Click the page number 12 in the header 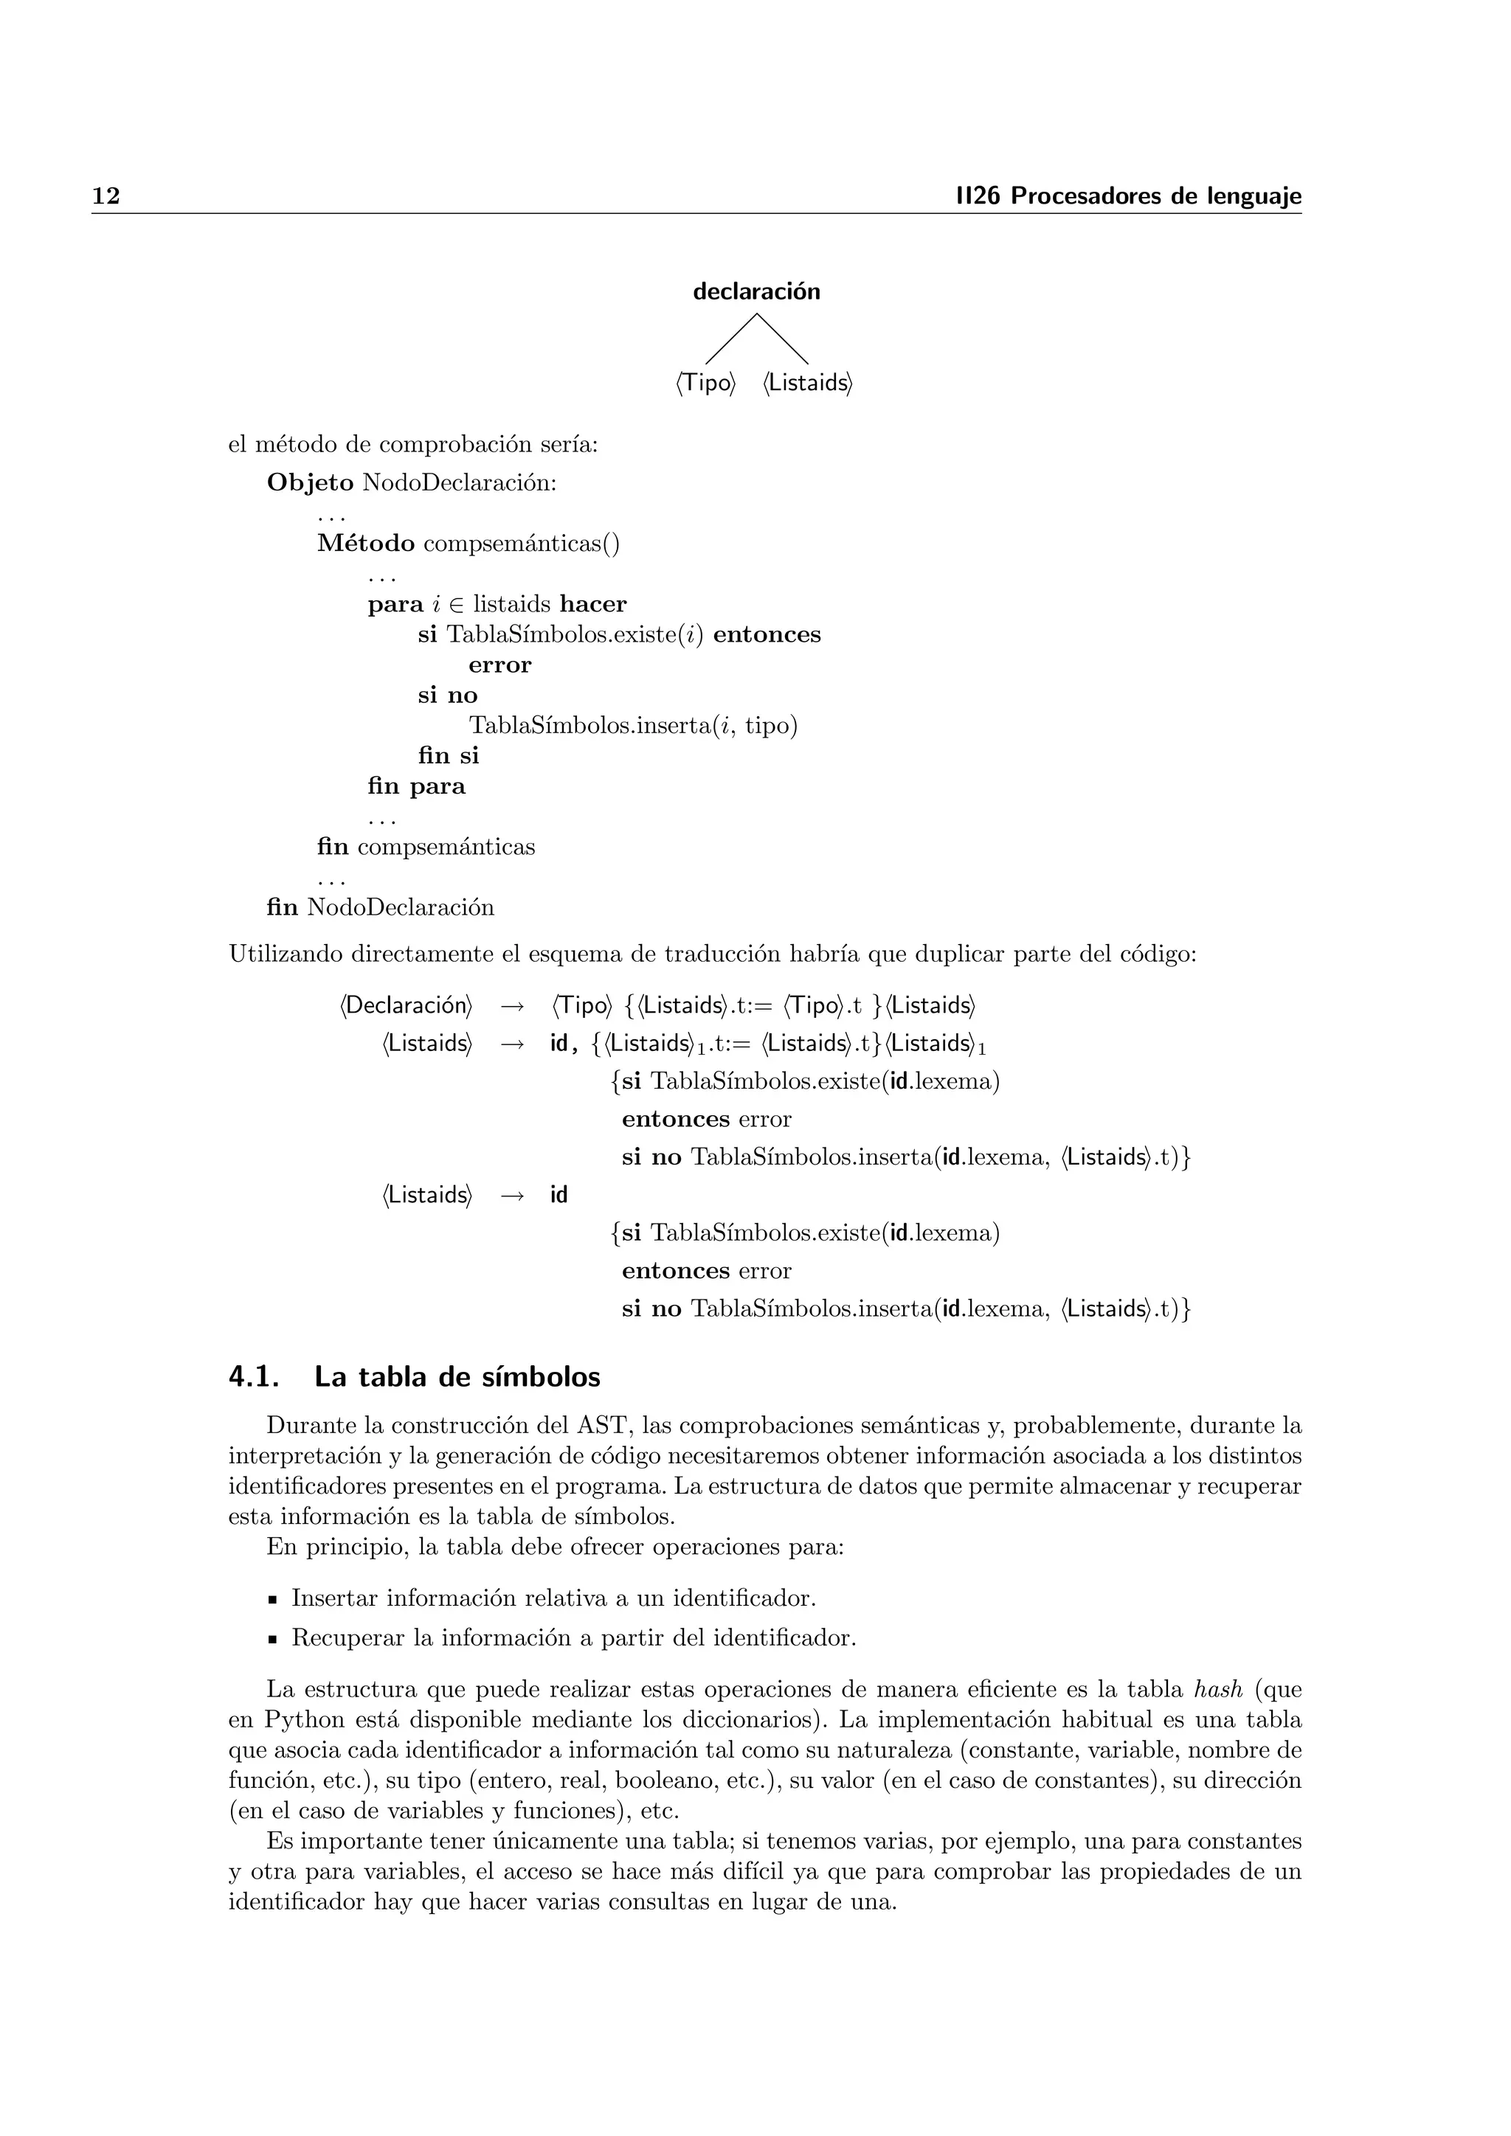click(106, 196)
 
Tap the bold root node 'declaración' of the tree click(755, 292)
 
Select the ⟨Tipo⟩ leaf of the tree click(705, 384)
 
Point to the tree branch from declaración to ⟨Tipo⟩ click(730, 339)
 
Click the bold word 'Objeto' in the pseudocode click(310, 483)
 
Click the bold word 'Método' click(366, 544)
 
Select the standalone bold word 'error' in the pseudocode click(499, 665)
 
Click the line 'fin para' click(416, 786)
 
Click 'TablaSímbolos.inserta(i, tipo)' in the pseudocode click(633, 726)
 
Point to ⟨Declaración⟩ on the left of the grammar click(406, 1005)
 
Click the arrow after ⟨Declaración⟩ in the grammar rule click(512, 1005)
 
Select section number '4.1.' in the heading click(254, 1377)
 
